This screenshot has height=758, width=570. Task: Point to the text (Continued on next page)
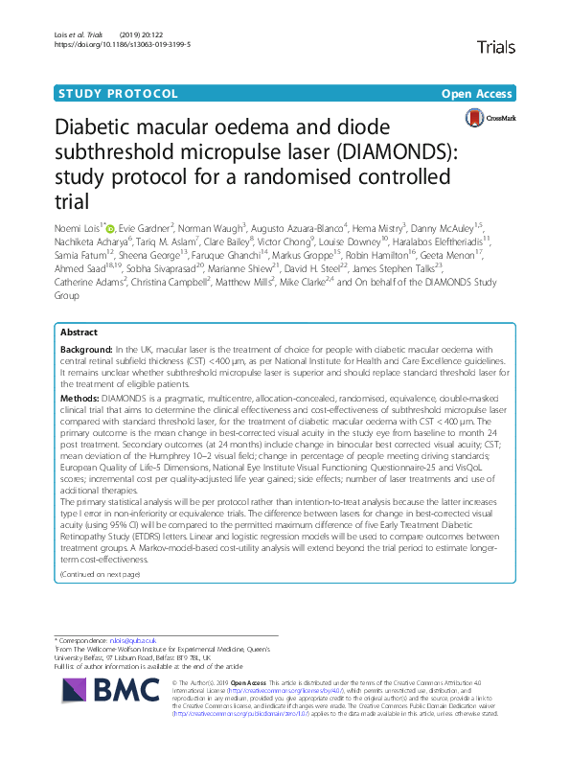click(100, 574)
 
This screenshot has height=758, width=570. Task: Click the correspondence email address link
click(124, 639)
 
